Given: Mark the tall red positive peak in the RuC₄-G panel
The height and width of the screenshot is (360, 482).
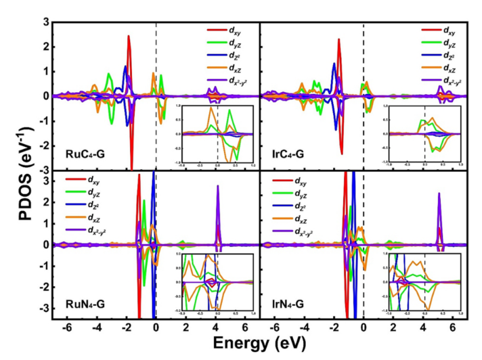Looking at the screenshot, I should tap(129, 37).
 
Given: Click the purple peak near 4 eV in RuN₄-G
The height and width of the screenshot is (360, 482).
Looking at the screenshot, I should tap(218, 187).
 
